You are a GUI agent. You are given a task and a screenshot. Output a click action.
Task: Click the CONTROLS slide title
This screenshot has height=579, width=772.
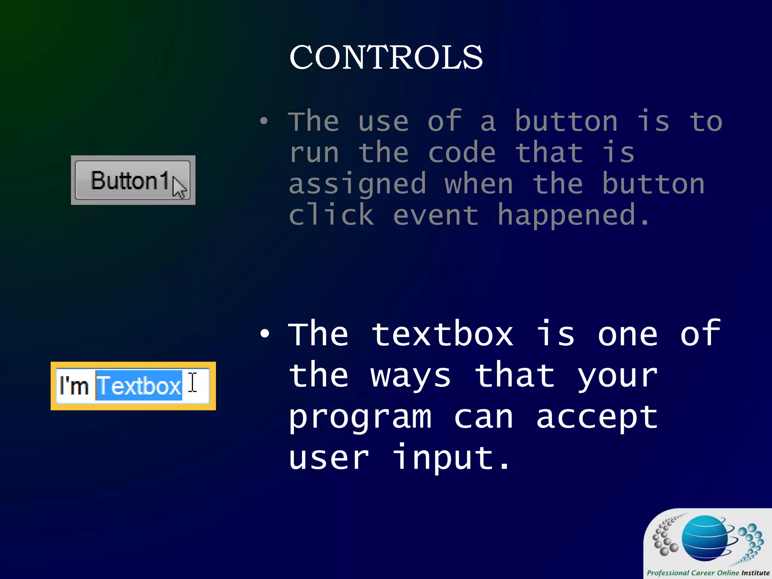click(x=386, y=57)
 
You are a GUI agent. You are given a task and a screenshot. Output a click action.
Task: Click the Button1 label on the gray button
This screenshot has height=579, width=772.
click(x=129, y=181)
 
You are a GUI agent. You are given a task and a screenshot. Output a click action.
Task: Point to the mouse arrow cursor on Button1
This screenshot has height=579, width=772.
click(x=179, y=187)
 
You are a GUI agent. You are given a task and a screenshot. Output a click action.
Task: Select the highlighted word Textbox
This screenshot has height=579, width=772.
click(x=139, y=386)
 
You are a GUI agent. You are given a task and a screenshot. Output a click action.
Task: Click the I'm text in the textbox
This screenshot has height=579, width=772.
click(x=74, y=386)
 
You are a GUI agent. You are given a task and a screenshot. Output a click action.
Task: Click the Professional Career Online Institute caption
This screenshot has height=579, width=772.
click(x=708, y=573)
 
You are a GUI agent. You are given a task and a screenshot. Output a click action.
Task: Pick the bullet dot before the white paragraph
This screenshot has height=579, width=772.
click(x=265, y=334)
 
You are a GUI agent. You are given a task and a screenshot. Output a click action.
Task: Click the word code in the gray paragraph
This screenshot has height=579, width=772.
click(x=462, y=153)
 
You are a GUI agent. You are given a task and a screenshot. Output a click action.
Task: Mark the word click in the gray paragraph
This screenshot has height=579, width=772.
click(x=331, y=215)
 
